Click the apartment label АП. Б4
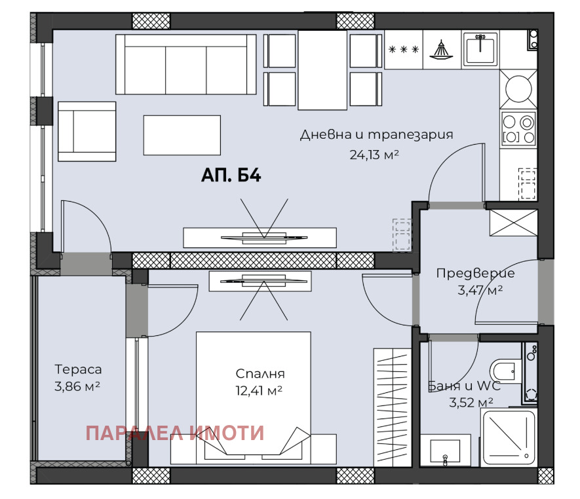231,176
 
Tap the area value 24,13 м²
376,155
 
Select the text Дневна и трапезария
377,135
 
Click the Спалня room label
260,374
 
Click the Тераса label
78,369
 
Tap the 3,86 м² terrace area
77,386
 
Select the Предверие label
475,273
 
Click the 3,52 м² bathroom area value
471,402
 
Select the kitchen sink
481,50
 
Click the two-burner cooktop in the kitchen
519,128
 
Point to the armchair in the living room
87,131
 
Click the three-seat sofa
185,65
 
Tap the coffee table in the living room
182,135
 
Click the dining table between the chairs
322,70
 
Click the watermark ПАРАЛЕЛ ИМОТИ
175,433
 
